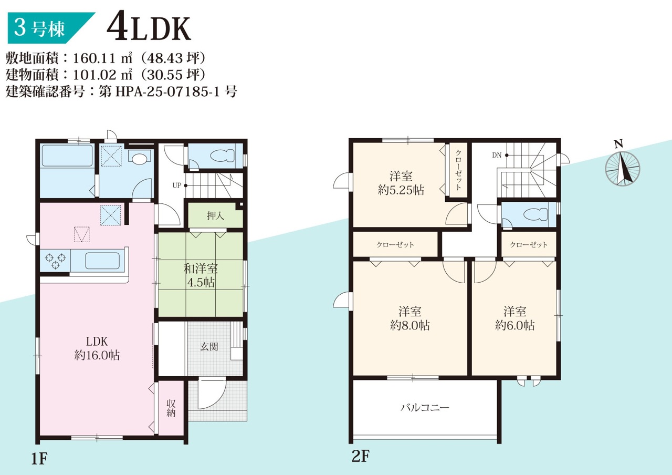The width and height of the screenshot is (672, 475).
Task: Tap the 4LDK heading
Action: tap(149, 28)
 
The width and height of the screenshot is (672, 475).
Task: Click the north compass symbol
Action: tap(622, 167)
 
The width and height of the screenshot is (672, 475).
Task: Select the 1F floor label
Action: tap(39, 458)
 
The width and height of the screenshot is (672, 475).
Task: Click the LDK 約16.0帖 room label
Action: tap(97, 348)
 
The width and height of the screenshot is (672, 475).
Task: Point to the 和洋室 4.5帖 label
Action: tap(201, 275)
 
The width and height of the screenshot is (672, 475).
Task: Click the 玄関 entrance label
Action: tap(209, 347)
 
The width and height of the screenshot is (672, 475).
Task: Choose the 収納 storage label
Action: tap(171, 408)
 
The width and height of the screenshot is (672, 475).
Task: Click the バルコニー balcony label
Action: tap(425, 407)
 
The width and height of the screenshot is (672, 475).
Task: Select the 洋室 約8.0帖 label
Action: tap(410, 318)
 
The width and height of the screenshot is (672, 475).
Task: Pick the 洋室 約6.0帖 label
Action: tap(514, 318)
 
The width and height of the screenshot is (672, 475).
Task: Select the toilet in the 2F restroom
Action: tap(536, 215)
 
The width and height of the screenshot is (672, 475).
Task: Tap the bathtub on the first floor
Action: tap(67, 156)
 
